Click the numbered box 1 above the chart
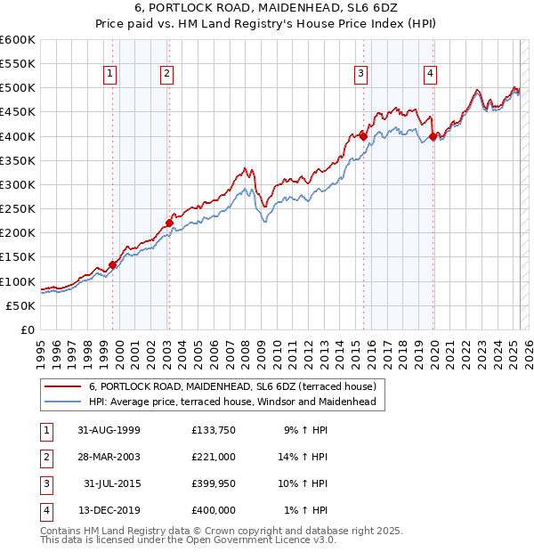click(x=110, y=74)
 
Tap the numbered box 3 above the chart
click(x=361, y=74)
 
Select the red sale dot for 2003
click(x=169, y=223)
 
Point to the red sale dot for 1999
click(x=113, y=264)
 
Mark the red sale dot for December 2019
click(x=433, y=136)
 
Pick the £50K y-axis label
click(x=21, y=305)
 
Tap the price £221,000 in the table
click(x=214, y=457)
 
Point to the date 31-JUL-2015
click(x=109, y=483)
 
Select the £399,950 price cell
click(x=214, y=483)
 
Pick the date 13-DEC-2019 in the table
click(x=106, y=510)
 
